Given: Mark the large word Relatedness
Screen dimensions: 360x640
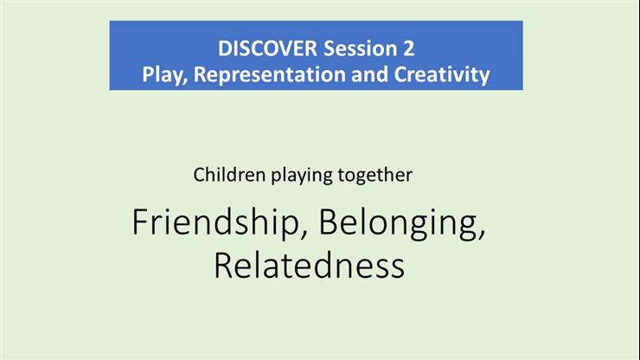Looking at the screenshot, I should pyautogui.click(x=309, y=265).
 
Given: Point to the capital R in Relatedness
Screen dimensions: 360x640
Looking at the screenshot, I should pyautogui.click(x=222, y=265).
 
